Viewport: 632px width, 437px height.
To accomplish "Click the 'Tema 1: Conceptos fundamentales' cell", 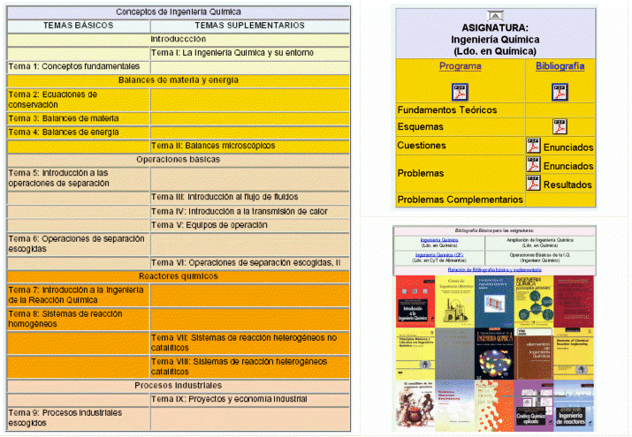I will (x=74, y=66).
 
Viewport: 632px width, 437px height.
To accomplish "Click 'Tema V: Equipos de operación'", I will (x=209, y=224).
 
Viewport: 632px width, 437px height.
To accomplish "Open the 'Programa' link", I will (x=460, y=66).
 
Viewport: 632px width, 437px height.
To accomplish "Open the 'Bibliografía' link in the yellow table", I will (x=560, y=66).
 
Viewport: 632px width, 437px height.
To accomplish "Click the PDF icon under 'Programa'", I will (x=460, y=91).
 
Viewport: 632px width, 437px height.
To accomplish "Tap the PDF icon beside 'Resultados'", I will (x=533, y=184).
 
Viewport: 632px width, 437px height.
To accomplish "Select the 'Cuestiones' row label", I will (x=422, y=145).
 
